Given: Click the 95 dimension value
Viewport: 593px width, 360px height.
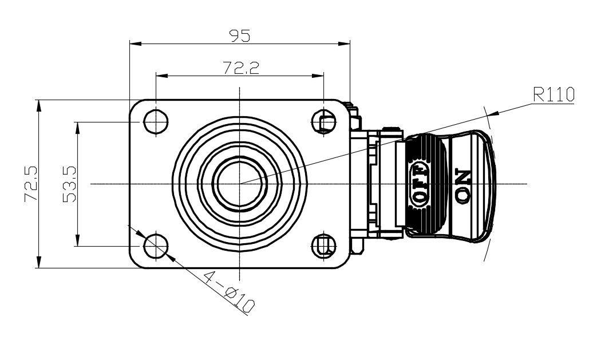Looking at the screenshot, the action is (240, 35).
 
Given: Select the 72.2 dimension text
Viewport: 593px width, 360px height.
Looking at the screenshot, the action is (241, 68).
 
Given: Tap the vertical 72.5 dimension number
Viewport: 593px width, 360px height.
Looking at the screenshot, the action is (31, 184).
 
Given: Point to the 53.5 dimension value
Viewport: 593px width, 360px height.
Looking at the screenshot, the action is (69, 184).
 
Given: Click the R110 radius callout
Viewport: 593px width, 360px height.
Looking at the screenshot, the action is (554, 94).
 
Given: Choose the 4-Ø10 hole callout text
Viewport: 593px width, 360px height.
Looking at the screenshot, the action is (229, 292).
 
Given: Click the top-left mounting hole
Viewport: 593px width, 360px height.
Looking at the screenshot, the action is (156, 122).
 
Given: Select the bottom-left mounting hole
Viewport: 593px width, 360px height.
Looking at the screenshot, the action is (156, 246).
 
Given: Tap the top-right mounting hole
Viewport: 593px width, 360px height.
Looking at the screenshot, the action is (324, 122).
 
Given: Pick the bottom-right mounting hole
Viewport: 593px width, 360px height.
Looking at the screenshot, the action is (324, 246).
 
